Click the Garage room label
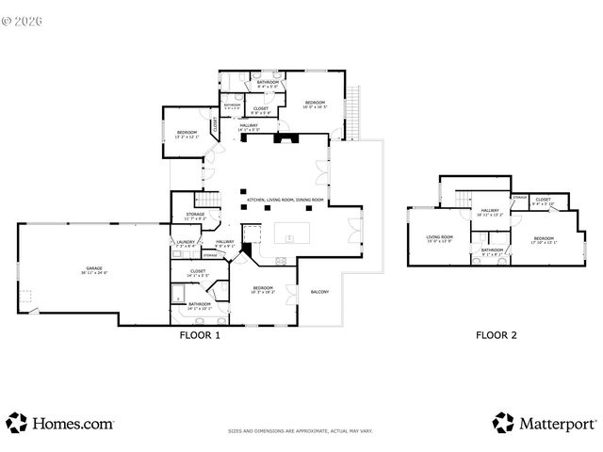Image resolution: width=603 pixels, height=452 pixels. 94,270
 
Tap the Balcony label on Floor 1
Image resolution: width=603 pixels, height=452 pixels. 319,292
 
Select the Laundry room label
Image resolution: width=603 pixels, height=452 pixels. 185,244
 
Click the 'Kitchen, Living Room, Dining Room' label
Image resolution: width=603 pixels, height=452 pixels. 285,201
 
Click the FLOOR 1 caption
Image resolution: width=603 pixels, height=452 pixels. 200,334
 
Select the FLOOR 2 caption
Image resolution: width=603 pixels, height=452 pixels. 496,334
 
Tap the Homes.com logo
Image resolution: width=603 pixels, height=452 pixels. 61,423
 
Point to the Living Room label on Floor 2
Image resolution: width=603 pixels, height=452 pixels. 439,239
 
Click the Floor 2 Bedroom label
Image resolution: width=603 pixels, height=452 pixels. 544,240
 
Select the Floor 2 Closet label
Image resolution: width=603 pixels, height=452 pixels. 544,201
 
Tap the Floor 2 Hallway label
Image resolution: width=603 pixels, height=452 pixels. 490,213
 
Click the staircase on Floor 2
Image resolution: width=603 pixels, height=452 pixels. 462,199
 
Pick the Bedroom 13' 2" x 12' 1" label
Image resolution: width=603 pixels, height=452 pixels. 187,135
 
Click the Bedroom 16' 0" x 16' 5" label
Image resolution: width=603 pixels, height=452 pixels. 315,105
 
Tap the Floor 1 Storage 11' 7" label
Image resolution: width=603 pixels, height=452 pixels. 195,217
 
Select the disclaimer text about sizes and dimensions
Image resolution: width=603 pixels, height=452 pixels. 301,431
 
